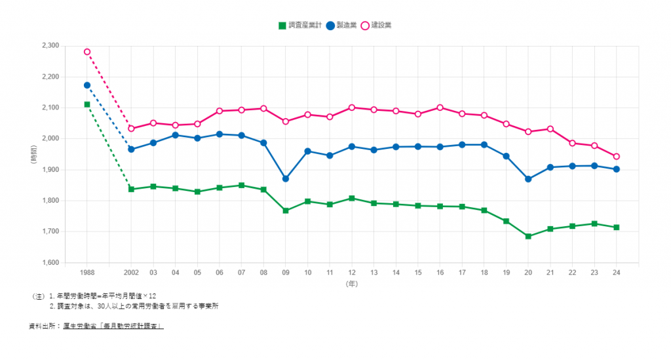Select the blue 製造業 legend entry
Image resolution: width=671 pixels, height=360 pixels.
344,25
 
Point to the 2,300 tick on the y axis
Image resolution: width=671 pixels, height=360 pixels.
50,46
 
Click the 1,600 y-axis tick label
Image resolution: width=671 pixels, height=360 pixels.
50,263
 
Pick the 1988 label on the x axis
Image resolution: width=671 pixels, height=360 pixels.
87,271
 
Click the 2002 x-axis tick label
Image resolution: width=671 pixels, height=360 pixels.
131,271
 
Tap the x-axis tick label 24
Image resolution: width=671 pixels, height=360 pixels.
617,271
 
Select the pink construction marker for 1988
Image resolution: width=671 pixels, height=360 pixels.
87,52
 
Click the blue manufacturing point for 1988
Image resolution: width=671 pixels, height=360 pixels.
87,85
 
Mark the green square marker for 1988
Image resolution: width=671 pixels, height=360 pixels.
87,104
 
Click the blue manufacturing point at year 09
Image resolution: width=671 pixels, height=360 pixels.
286,179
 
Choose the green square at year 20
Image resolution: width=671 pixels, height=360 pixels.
528,236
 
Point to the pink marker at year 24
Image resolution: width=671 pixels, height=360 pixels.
617,157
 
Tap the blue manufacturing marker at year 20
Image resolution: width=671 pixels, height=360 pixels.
528,179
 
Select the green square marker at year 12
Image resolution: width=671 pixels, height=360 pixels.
352,198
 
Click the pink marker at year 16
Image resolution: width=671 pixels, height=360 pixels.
440,108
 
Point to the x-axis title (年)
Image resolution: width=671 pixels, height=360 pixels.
352,285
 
